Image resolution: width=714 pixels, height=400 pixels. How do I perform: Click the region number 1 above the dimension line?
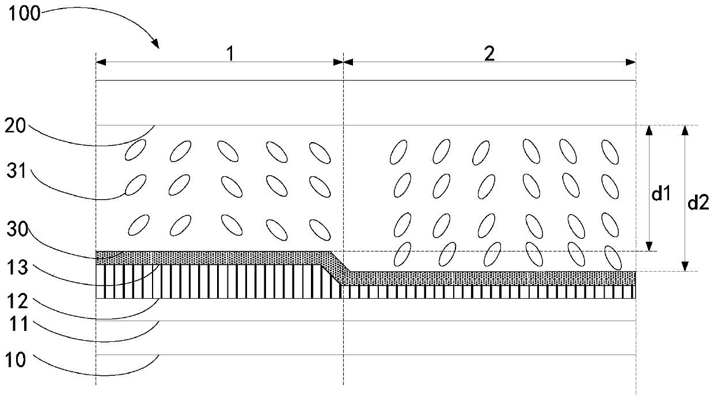(230, 54)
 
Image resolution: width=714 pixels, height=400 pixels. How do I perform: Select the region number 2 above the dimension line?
(489, 54)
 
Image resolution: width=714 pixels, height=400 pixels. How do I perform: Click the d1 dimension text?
(660, 195)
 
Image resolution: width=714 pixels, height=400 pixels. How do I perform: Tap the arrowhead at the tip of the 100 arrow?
(155, 43)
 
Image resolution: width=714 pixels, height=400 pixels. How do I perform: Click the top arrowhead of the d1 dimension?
(649, 130)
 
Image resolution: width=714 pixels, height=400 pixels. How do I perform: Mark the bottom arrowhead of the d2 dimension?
(685, 266)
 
